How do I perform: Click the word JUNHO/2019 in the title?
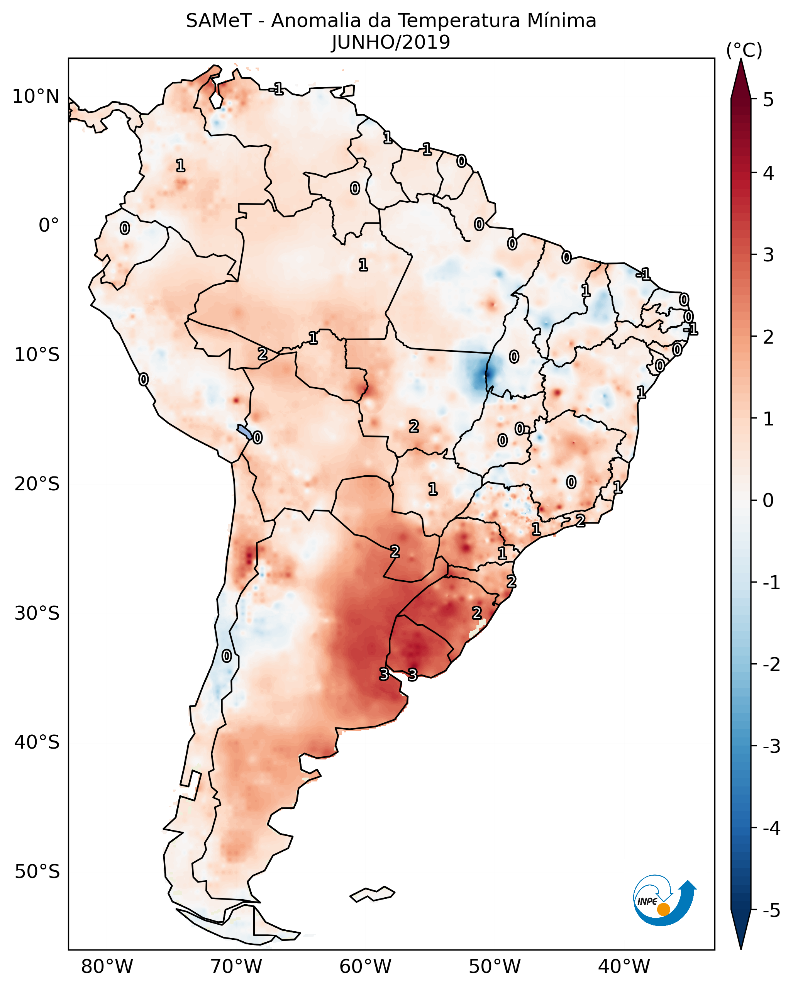[391, 42]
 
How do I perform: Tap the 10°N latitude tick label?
[36, 97]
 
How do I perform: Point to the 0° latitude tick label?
[49, 225]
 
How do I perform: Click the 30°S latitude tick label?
[37, 613]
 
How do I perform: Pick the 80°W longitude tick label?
[107, 967]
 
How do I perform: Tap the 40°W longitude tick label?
[624, 967]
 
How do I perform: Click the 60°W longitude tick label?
[365, 967]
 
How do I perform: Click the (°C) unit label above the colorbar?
[744, 51]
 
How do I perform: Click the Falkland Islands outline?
[372, 895]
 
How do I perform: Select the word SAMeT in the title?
[219, 21]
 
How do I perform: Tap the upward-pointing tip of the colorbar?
[741, 62]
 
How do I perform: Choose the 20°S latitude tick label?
[37, 484]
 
